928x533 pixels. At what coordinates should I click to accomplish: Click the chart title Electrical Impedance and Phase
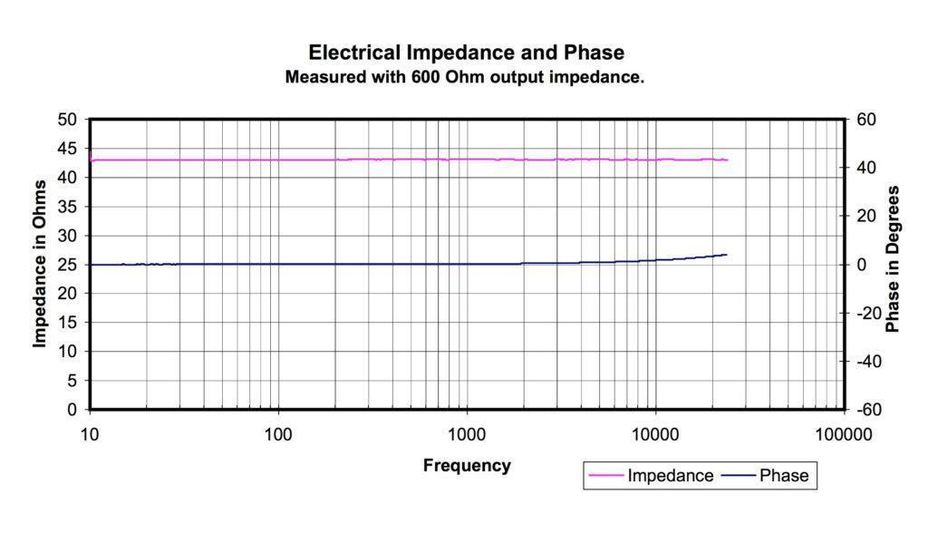pyautogui.click(x=466, y=53)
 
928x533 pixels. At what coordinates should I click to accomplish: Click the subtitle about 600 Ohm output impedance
pyautogui.click(x=465, y=78)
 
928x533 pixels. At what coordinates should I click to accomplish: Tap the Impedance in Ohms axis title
pyautogui.click(x=40, y=264)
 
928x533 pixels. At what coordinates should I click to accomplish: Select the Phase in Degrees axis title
pyautogui.click(x=894, y=259)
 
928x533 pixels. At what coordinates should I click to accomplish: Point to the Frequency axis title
pyautogui.click(x=467, y=466)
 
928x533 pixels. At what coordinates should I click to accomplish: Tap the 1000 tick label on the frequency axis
pyautogui.click(x=467, y=434)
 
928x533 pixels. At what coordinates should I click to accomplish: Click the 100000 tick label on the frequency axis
pyautogui.click(x=843, y=434)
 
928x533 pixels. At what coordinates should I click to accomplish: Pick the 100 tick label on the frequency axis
pyautogui.click(x=278, y=434)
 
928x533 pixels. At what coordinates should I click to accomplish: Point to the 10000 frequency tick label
pyautogui.click(x=655, y=434)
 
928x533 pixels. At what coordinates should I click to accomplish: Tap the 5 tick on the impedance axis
pyautogui.click(x=72, y=381)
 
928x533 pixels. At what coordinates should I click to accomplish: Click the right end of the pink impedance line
pyautogui.click(x=727, y=160)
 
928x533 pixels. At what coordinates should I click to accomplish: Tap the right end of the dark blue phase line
pyautogui.click(x=727, y=255)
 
